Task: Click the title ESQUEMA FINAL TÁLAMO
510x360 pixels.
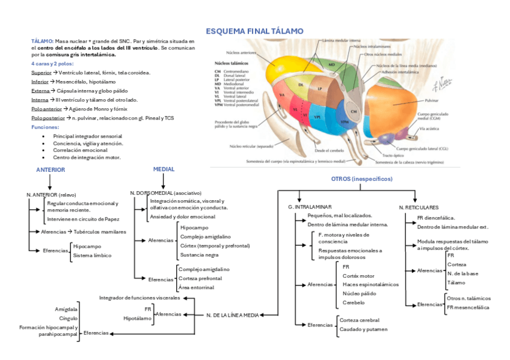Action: point(254,31)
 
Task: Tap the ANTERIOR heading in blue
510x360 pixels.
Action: point(51,170)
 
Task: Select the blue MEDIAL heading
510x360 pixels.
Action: point(164,169)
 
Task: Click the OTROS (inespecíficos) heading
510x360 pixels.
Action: point(361,179)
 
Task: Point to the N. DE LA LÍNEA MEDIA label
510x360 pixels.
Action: point(232,315)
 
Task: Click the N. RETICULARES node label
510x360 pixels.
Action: point(419,207)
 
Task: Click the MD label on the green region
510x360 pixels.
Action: point(331,64)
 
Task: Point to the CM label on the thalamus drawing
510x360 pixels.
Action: point(354,112)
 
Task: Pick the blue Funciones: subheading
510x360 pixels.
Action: point(45,127)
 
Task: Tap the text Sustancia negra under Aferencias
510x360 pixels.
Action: point(199,255)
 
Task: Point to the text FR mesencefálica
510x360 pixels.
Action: point(468,307)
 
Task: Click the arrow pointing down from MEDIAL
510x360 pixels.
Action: point(164,181)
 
